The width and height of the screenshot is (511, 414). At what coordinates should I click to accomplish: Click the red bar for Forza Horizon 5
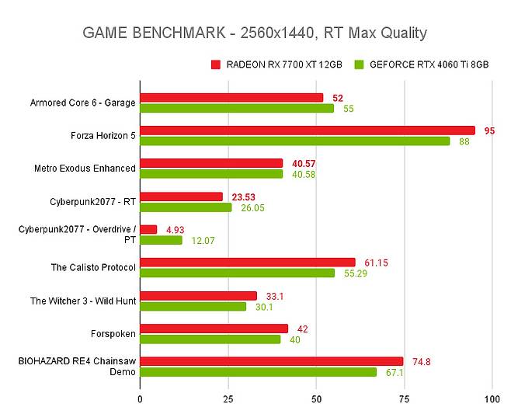307,130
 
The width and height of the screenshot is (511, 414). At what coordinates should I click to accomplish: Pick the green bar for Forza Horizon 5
294,141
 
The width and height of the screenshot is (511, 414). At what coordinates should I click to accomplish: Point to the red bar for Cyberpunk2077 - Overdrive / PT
148,229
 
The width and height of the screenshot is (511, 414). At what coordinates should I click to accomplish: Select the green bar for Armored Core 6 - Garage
237,108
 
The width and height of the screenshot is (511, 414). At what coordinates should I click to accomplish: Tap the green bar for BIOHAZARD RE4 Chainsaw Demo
258,372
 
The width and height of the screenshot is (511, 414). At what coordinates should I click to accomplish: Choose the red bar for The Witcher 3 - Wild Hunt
198,296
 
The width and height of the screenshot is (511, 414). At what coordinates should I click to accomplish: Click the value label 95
489,130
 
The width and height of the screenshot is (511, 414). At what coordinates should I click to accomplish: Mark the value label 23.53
245,197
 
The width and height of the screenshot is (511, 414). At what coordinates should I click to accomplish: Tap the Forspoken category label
113,333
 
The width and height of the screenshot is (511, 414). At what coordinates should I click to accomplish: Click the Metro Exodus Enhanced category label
85,168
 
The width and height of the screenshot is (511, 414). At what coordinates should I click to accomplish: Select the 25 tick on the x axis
228,398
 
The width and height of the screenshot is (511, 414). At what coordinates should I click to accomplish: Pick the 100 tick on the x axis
491,398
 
